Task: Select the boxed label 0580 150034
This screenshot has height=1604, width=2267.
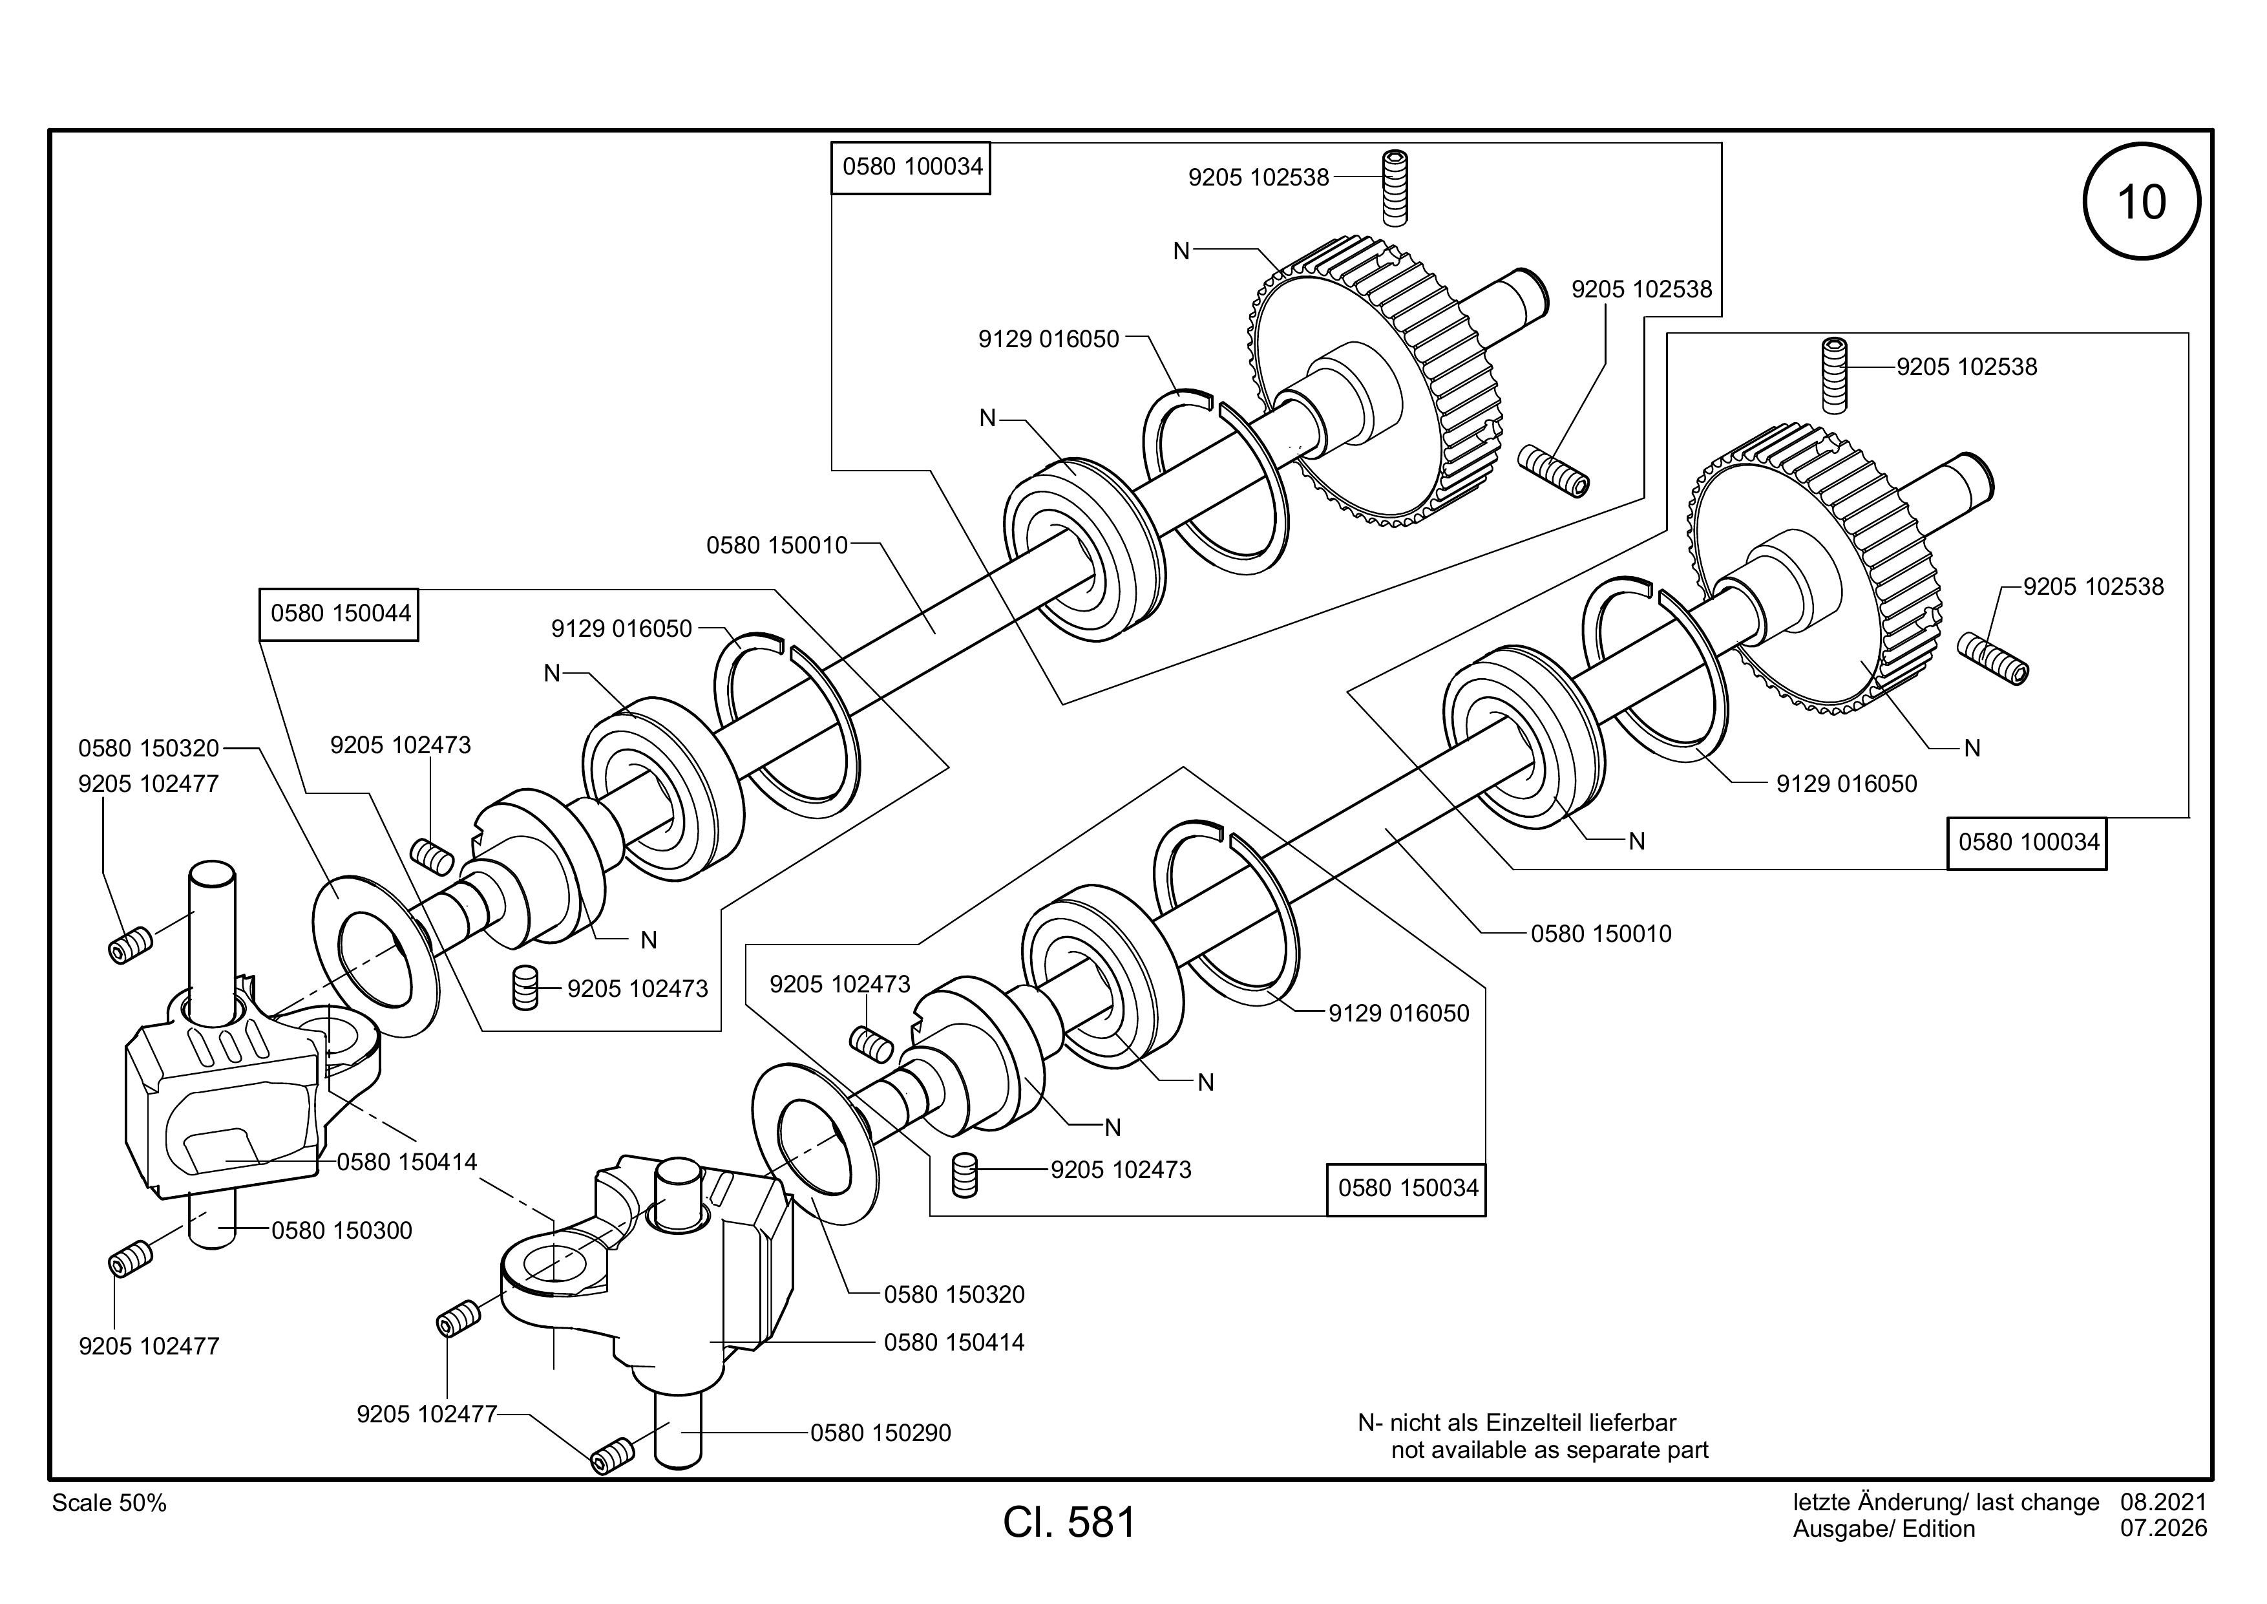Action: click(x=1406, y=1188)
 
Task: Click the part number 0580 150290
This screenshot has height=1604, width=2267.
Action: click(x=881, y=1433)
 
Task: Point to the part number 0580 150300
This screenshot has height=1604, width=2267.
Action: click(x=342, y=1231)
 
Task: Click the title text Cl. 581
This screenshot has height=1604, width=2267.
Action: click(x=1070, y=1523)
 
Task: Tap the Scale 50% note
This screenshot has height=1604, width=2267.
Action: click(x=109, y=1503)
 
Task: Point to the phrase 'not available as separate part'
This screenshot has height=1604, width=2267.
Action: click(x=1549, y=1450)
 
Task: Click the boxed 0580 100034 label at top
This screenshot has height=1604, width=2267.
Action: click(x=911, y=167)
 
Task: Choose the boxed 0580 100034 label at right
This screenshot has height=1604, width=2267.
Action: click(x=2027, y=842)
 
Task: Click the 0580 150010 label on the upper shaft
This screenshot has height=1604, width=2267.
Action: click(x=777, y=545)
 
